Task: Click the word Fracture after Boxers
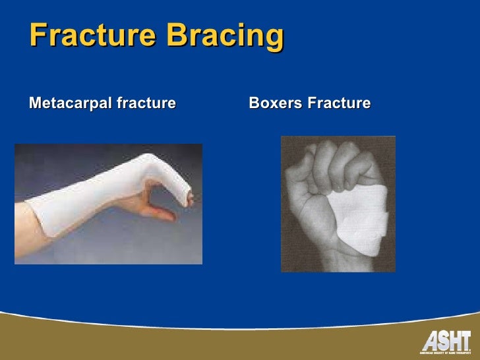pos(338,104)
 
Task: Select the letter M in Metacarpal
pos(35,104)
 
